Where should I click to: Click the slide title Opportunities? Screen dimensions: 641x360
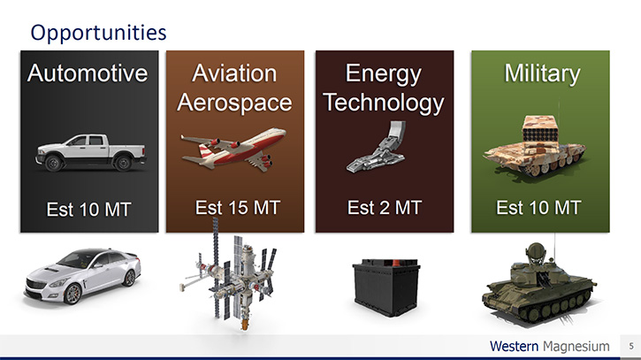coord(98,33)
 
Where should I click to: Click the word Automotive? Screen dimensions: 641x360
coord(88,73)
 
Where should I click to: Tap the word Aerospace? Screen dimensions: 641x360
coord(234,103)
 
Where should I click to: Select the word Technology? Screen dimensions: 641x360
coord(384,103)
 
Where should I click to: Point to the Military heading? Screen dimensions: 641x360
coord(542,73)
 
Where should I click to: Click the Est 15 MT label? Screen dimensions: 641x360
coord(238,207)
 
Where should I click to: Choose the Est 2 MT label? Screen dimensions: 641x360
coord(385,207)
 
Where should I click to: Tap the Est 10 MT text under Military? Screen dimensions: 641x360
coord(538,207)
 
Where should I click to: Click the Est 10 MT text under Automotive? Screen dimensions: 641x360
coord(88,210)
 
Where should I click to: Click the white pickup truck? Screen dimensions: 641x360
coord(91,153)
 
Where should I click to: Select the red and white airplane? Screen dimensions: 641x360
coord(233,148)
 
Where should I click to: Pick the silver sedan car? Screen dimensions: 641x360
coord(82,276)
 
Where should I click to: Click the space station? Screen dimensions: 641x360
coord(229,274)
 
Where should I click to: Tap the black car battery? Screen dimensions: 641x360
coord(386,287)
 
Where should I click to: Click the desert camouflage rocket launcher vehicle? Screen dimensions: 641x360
coord(534,147)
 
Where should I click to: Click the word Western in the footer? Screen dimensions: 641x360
coord(514,346)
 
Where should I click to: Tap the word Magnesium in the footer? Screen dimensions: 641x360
coord(576,347)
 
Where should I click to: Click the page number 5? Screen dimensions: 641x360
coord(631,346)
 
